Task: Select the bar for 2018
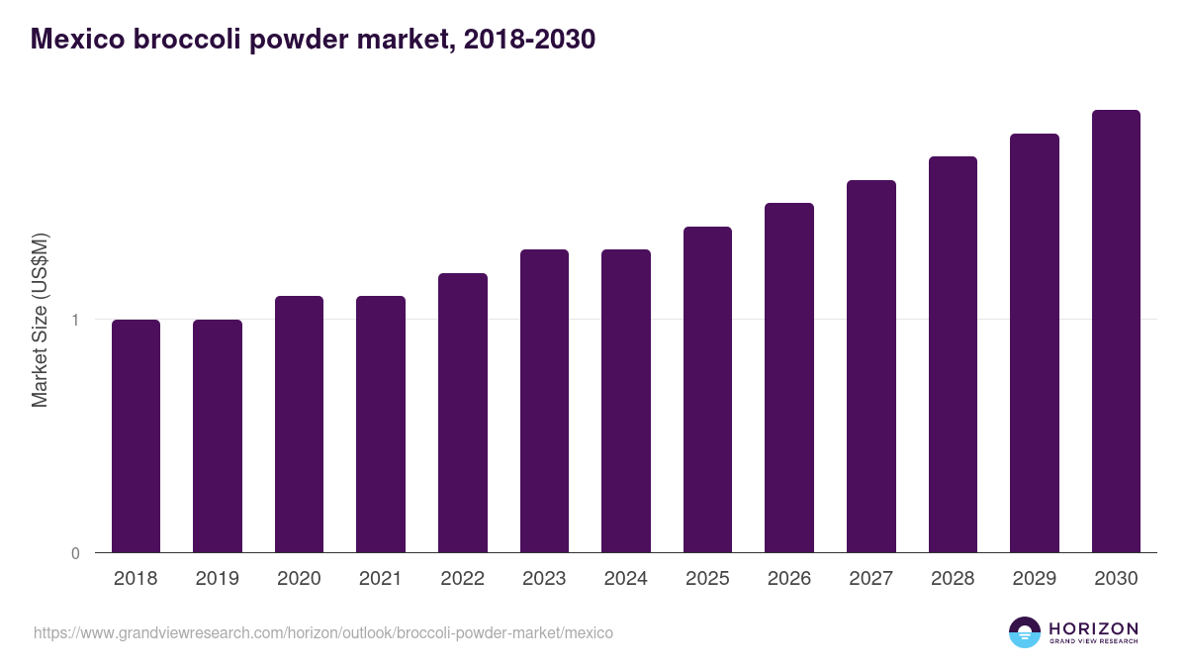tap(136, 435)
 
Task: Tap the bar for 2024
tap(626, 401)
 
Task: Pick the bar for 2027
tap(871, 366)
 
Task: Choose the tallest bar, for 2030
tap(1116, 332)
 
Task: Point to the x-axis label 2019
tap(217, 579)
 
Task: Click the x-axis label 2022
tap(462, 579)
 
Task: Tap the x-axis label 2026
tap(789, 579)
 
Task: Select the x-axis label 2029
tap(1034, 579)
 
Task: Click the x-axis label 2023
tap(544, 579)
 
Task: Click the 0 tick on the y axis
tap(75, 553)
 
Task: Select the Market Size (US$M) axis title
tap(40, 320)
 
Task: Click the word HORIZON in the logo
tap(1093, 627)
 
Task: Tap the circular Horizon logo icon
tap(1025, 632)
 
